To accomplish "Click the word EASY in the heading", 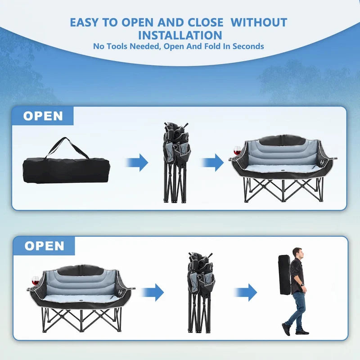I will coord(85,22).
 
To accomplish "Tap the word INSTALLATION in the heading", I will coord(180,35).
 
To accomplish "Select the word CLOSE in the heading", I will coord(201,22).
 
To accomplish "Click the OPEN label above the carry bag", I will coord(43,116).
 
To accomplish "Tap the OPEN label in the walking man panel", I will coord(44,246).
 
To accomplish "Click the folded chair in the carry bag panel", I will coord(176,162).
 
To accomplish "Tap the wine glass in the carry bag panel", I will coord(237,150).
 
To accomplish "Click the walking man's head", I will coord(297,252).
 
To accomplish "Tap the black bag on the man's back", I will coord(284,274).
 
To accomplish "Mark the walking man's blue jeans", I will coord(297,308).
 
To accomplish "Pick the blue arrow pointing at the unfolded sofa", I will coord(212,162).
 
